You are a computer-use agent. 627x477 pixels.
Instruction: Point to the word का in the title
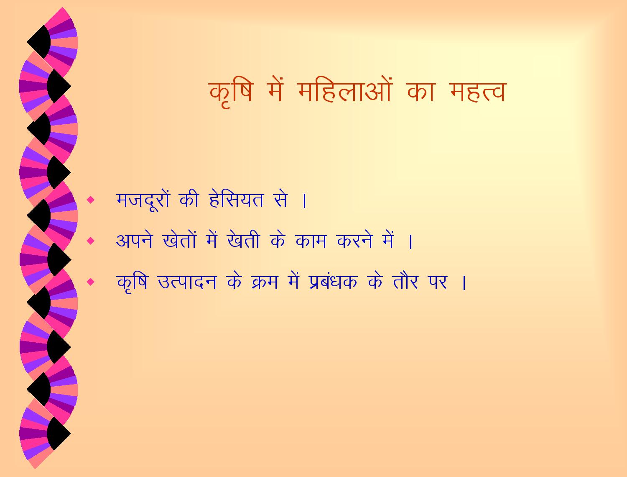pos(421,92)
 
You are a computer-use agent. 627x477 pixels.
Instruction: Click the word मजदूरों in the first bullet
pos(143,199)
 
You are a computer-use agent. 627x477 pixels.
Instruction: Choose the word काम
pos(311,241)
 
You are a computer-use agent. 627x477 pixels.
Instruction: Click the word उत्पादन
pos(187,282)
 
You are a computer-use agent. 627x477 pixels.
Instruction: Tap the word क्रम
pos(265,282)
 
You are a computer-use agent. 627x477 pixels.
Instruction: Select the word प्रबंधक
pos(333,282)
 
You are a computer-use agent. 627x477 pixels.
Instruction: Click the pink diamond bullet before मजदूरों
pos(91,200)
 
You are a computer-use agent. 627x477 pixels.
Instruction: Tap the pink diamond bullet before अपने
pos(91,241)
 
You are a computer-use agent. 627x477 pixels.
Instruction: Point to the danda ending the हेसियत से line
pos(304,200)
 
